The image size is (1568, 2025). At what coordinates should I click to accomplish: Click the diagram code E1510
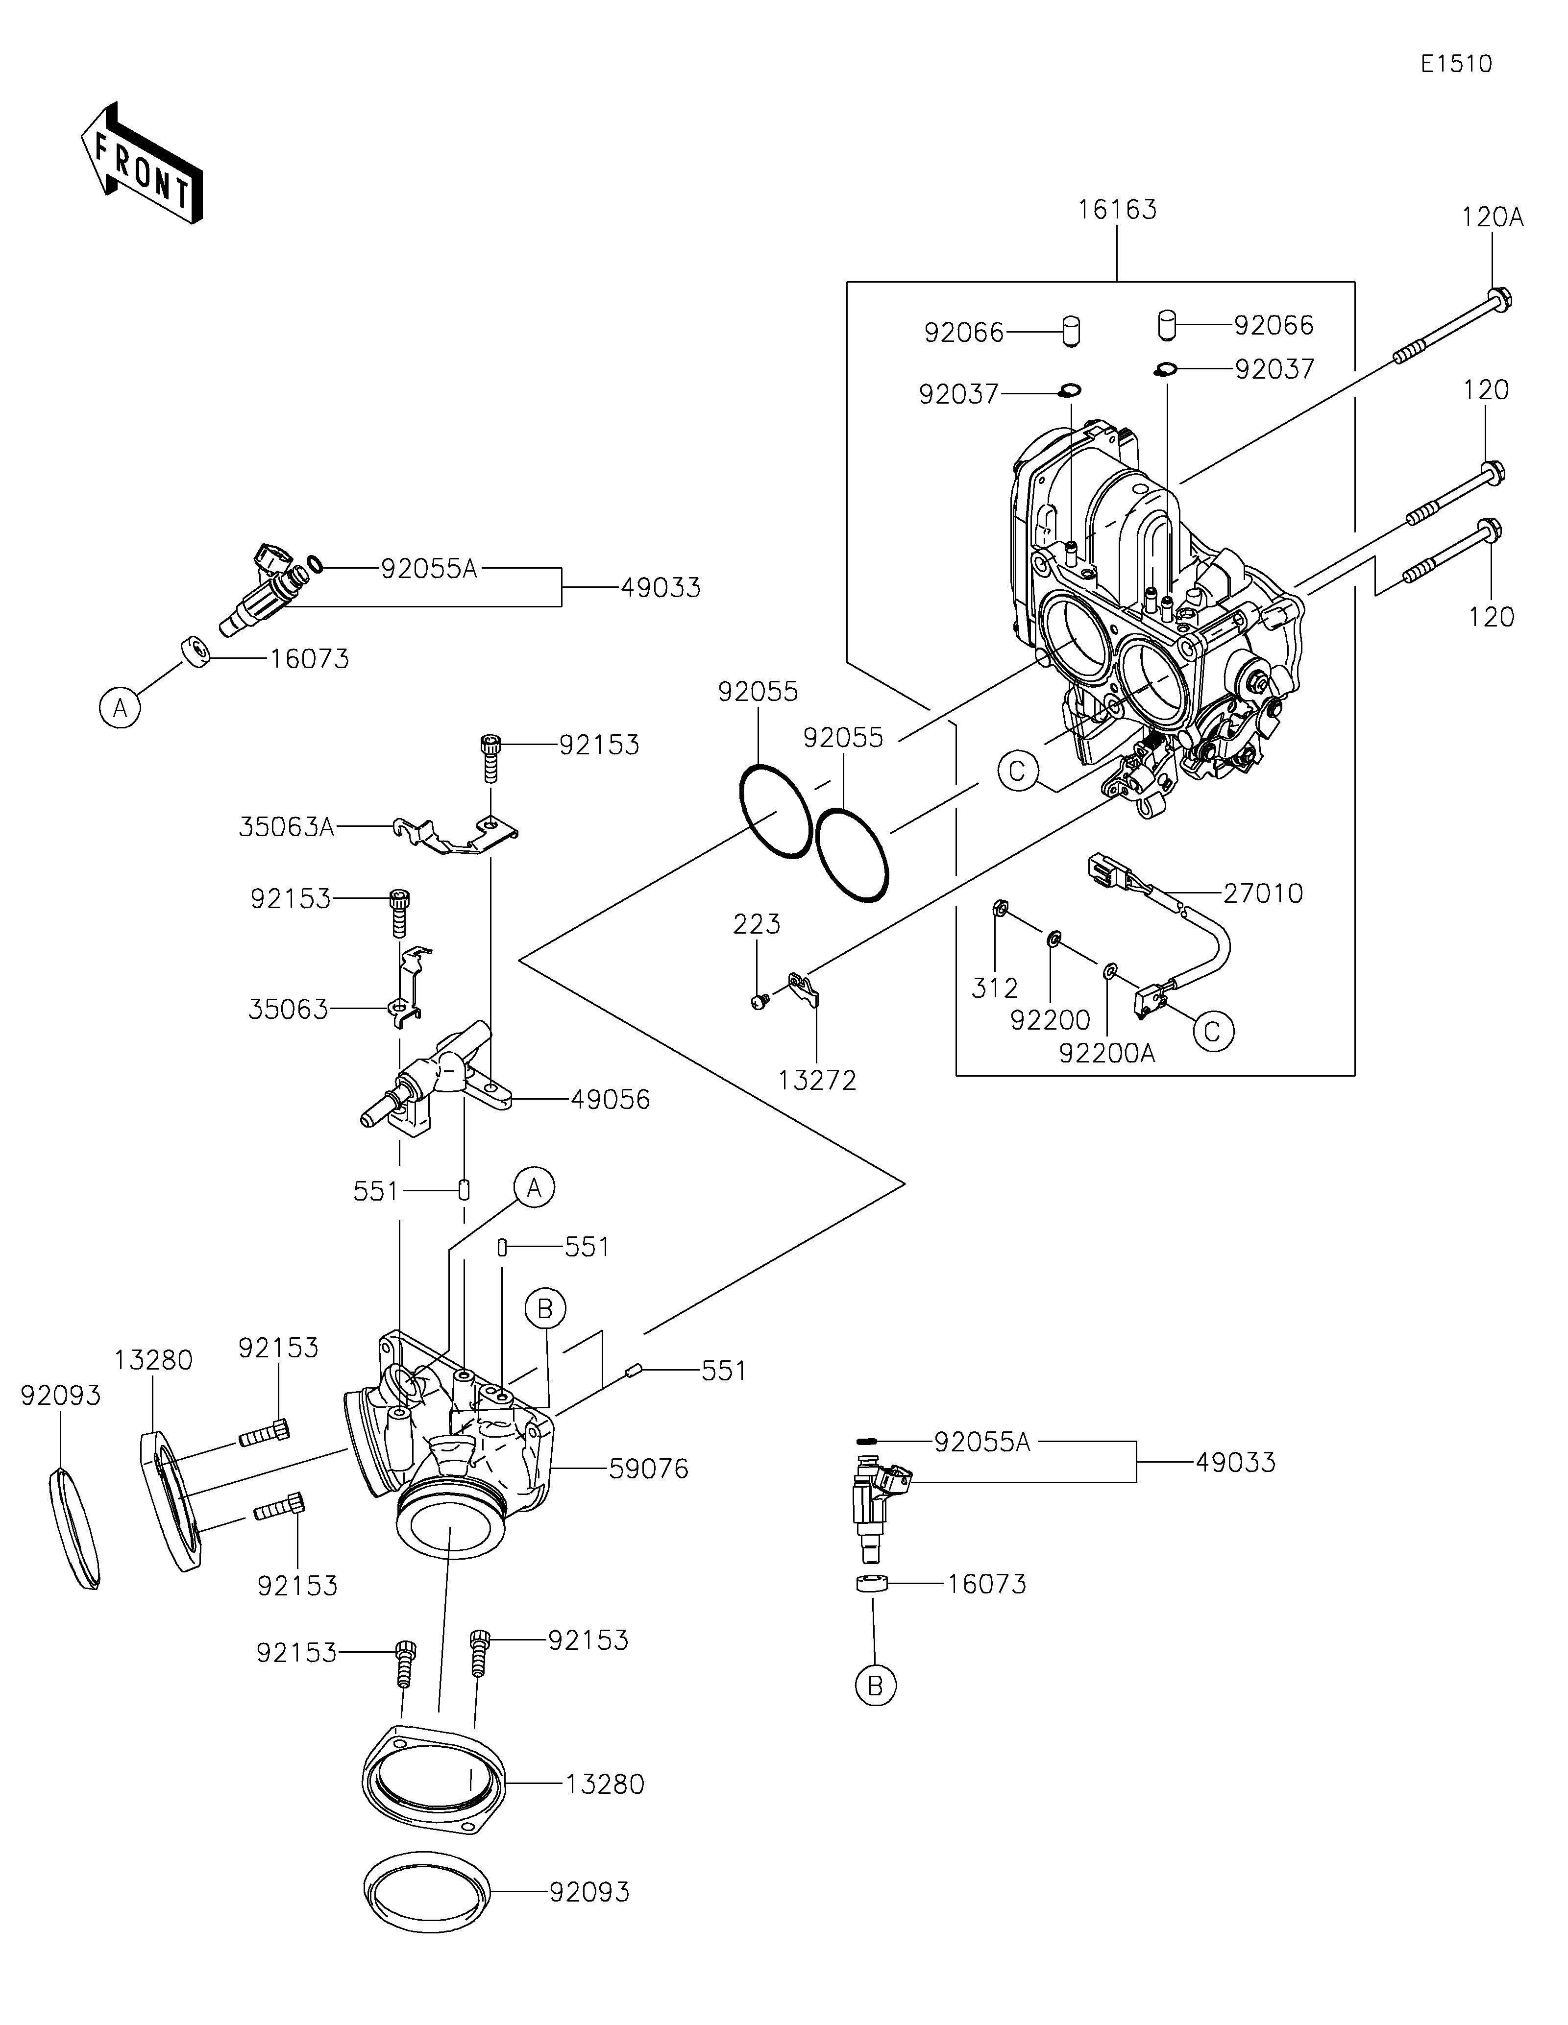(x=1456, y=64)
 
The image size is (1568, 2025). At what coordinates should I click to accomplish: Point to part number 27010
(x=1263, y=894)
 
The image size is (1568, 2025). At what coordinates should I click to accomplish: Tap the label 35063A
(x=287, y=827)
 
